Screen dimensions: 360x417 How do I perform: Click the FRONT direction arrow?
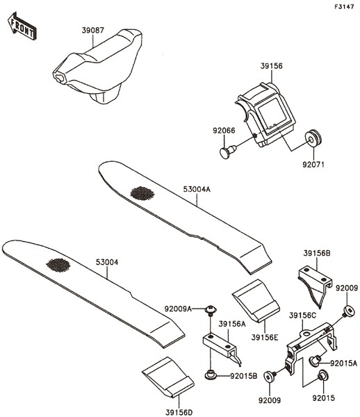(x=22, y=26)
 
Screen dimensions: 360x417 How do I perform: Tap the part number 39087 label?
(x=93, y=31)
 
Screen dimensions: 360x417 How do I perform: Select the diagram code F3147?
(x=344, y=7)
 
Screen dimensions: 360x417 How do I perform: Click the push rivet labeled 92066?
(x=227, y=152)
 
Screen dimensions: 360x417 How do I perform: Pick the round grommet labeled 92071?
(x=313, y=139)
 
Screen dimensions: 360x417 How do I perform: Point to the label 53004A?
(x=197, y=189)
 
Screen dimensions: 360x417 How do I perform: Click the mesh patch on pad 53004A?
(x=142, y=193)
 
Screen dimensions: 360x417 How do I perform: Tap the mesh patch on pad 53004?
(x=58, y=265)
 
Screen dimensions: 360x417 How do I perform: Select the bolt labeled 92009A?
(x=211, y=310)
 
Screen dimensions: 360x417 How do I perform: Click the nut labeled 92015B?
(x=210, y=375)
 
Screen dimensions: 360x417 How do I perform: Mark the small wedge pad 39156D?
(x=168, y=377)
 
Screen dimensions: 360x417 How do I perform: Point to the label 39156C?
(x=302, y=316)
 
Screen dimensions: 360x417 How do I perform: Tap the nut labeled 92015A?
(x=315, y=360)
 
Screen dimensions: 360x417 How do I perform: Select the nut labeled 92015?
(x=322, y=375)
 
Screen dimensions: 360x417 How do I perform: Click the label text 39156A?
(x=232, y=324)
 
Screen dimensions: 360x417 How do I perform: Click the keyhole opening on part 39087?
(x=59, y=78)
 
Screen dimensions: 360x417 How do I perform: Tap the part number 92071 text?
(x=313, y=165)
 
